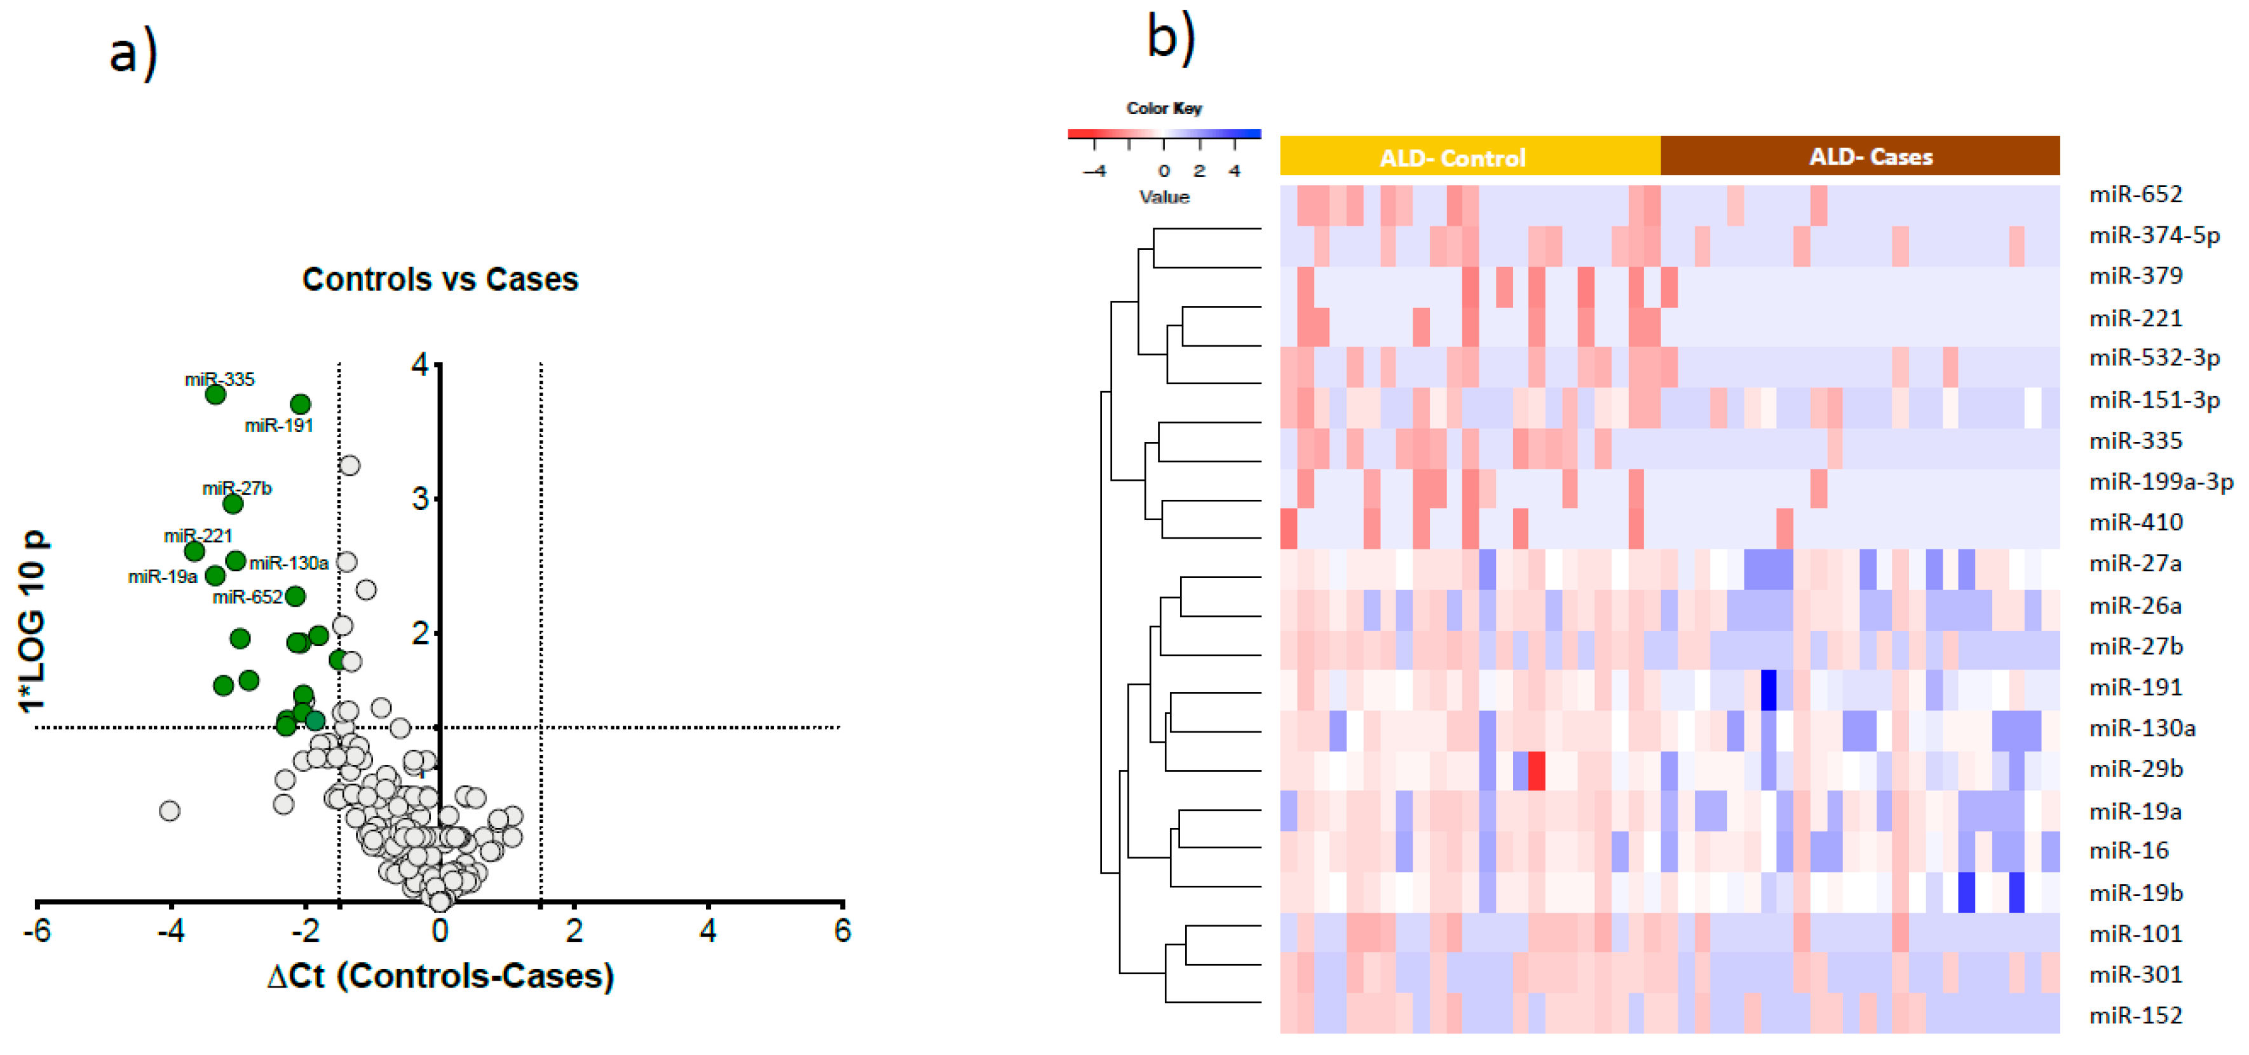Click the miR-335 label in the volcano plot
point(219,379)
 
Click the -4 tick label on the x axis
point(170,931)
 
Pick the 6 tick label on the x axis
point(841,931)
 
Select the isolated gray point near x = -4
point(170,810)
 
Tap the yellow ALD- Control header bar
point(1469,157)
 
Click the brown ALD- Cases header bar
point(1859,156)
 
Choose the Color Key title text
point(1164,108)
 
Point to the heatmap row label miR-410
point(2135,522)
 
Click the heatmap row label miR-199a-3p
point(2160,481)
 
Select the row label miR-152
point(2135,1015)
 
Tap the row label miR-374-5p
point(2153,235)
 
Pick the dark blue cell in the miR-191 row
point(1768,690)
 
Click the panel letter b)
point(1171,39)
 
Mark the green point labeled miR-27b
point(232,504)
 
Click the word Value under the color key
point(1164,197)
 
